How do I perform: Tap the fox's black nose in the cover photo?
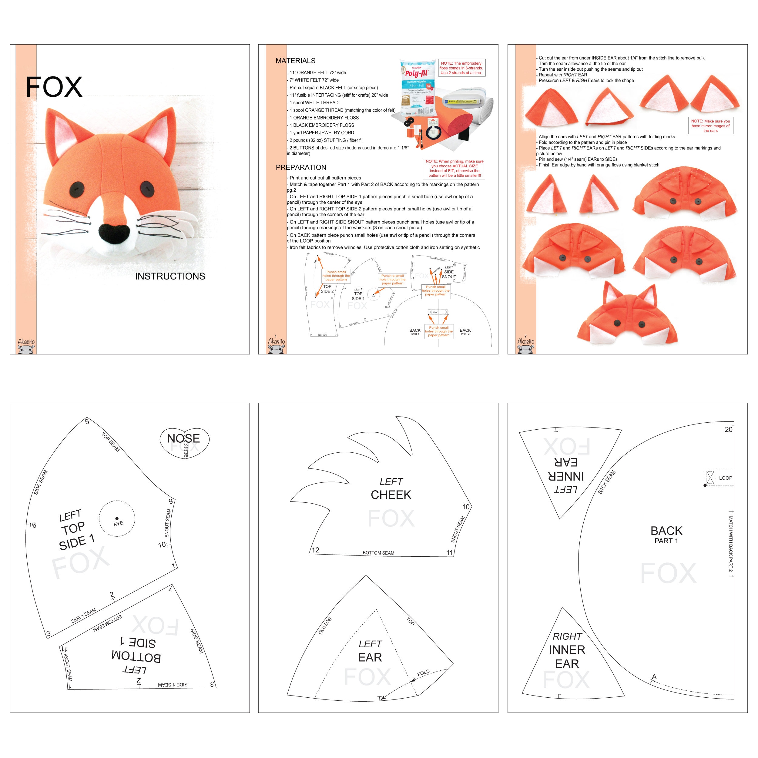coord(114,233)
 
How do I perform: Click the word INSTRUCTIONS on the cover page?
coord(170,276)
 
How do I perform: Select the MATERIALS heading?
coord(295,61)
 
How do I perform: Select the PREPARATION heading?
coord(301,168)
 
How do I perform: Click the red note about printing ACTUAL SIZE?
coord(454,168)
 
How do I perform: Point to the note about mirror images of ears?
coord(710,126)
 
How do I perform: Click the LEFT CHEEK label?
coord(391,488)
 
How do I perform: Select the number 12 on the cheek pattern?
coord(315,550)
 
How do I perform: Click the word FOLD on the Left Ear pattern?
coord(423,673)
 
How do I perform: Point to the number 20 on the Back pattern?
coord(728,430)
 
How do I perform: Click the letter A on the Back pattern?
coord(654,676)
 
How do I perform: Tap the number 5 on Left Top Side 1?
coord(87,422)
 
